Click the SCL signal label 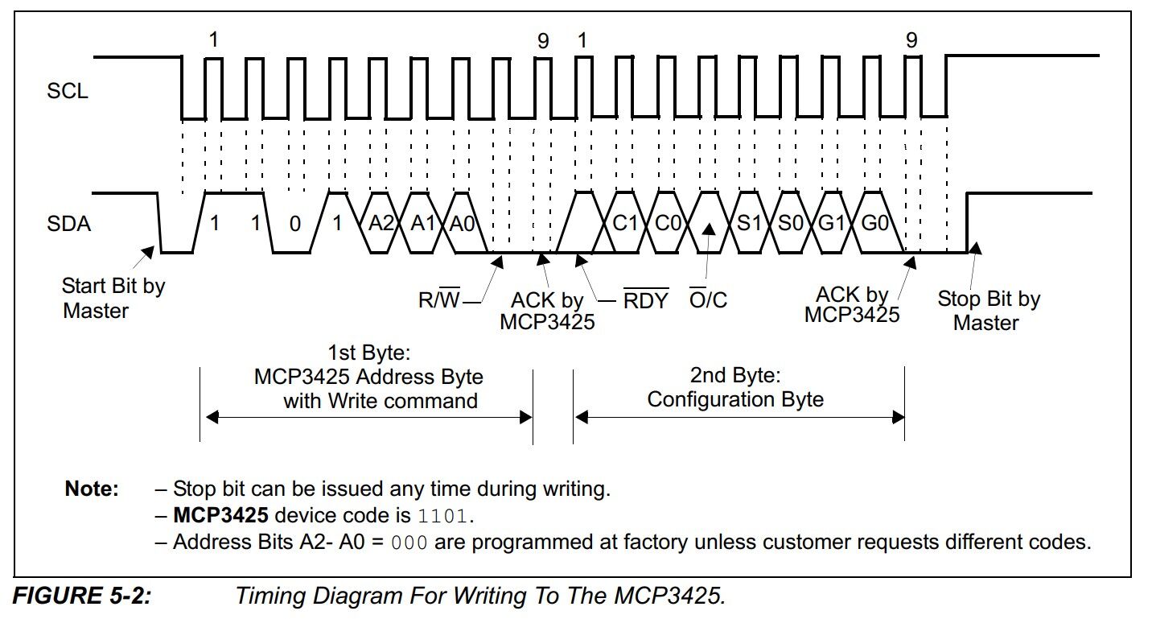pyautogui.click(x=67, y=92)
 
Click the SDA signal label pyautogui.click(x=68, y=225)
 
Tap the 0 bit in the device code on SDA pyautogui.click(x=294, y=225)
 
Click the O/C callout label pyautogui.click(x=708, y=301)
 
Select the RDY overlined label pyautogui.click(x=646, y=301)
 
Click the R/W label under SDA pyautogui.click(x=438, y=301)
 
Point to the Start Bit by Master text pyautogui.click(x=113, y=298)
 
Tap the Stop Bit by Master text pyautogui.click(x=988, y=311)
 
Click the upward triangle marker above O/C pyautogui.click(x=709, y=229)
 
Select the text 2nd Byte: pyautogui.click(x=735, y=375)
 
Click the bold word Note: pyautogui.click(x=92, y=489)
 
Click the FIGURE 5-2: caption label pyautogui.click(x=82, y=596)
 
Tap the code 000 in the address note pyautogui.click(x=409, y=542)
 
